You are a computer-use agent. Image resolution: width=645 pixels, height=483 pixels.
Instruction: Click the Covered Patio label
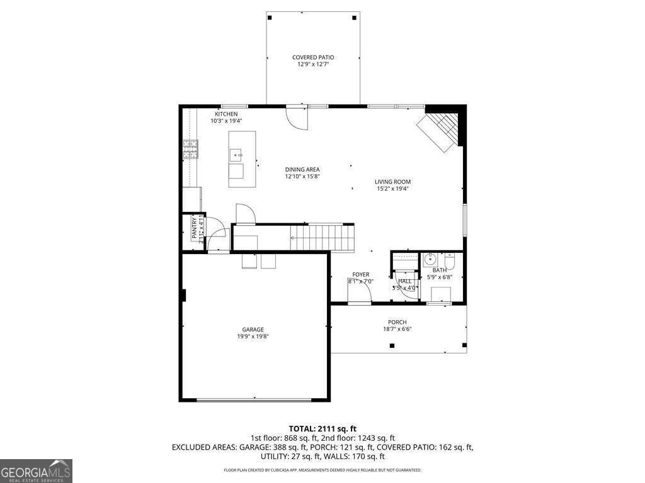tap(313, 57)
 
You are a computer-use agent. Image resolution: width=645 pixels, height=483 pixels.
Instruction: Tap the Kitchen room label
tap(226, 114)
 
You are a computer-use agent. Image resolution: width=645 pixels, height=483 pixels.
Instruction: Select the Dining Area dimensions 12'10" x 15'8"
tap(302, 177)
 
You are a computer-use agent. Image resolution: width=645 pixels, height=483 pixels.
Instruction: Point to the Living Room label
tap(392, 182)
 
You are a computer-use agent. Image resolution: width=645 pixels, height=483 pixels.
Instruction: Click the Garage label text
tap(253, 330)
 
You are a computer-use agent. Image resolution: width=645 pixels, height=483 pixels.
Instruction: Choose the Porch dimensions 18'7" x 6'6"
tap(397, 329)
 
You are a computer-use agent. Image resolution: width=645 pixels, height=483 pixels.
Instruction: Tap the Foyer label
tap(360, 275)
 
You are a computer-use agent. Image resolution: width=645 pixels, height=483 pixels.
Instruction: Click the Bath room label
tap(439, 270)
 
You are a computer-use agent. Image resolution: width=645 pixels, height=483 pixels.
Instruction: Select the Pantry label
tap(195, 228)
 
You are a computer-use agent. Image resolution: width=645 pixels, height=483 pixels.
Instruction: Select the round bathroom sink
tap(430, 258)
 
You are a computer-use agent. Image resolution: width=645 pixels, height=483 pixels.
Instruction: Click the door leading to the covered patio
tap(296, 117)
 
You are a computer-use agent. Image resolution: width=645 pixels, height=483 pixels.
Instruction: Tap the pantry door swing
tap(216, 231)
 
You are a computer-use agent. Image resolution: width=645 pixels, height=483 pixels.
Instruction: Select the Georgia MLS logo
tap(37, 470)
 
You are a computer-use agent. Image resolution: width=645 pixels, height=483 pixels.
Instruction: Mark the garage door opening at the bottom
tap(254, 399)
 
